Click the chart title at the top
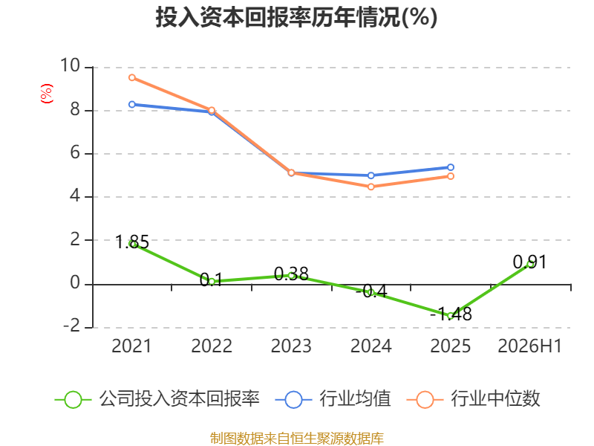[296, 17]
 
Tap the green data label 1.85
[132, 242]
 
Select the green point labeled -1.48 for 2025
[451, 315]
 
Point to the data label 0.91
[529, 262]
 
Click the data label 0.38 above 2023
[291, 274]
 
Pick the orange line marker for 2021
[132, 78]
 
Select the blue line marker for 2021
[132, 104]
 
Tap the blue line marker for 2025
[451, 167]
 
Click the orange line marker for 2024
[371, 187]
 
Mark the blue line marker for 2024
[371, 175]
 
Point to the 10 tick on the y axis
[70, 65]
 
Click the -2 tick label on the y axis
[71, 326]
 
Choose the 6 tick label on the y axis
[75, 153]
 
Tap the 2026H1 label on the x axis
[529, 346]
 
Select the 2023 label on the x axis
[291, 346]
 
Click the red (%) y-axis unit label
[47, 94]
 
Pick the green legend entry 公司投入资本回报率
[157, 399]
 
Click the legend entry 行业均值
[333, 399]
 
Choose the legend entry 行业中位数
[474, 399]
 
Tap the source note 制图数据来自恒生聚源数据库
[296, 439]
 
